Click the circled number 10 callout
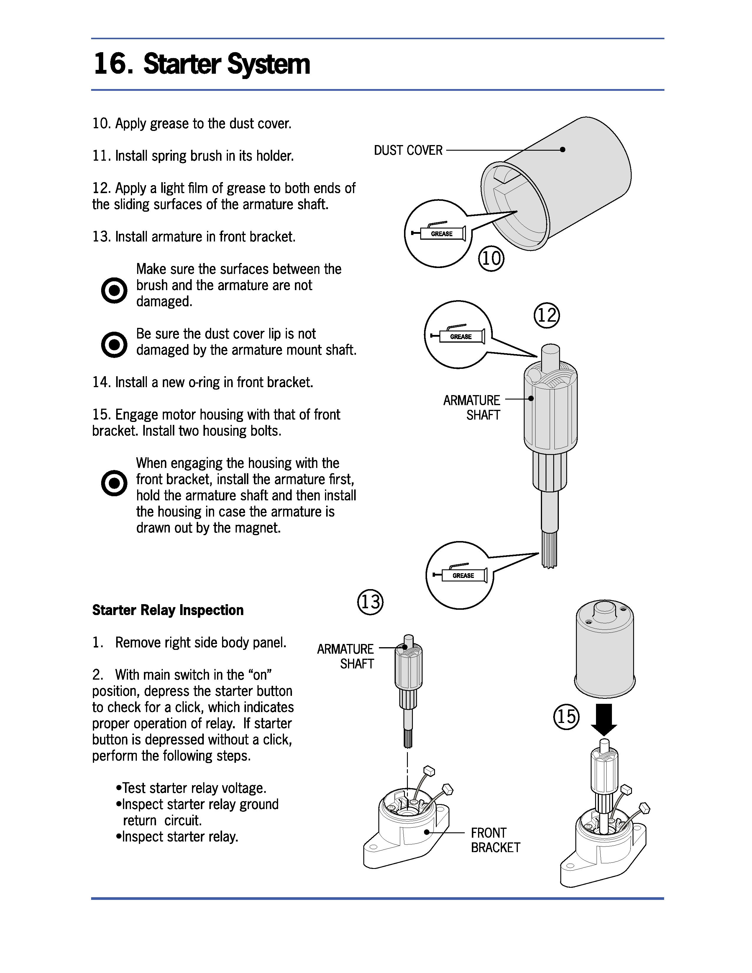(x=491, y=258)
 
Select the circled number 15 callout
(x=566, y=717)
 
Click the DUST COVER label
(x=408, y=151)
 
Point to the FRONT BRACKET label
(x=495, y=840)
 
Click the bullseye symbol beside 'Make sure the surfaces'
(x=114, y=290)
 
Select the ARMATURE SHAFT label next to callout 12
(x=472, y=407)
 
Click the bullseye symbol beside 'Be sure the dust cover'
(x=114, y=344)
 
